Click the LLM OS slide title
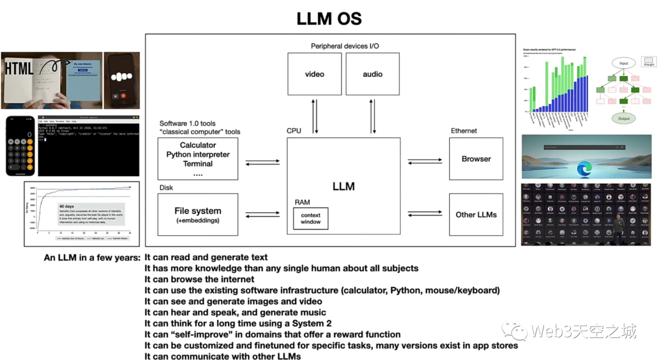[329, 18]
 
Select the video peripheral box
[314, 74]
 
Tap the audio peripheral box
[372, 74]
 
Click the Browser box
[476, 159]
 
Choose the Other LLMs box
[476, 214]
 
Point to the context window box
[310, 218]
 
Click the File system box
[197, 214]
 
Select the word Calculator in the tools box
[197, 145]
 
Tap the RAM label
[301, 202]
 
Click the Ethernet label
[464, 131]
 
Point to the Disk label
[166, 188]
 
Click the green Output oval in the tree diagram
[623, 118]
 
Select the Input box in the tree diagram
[623, 63]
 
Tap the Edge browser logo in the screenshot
[584, 168]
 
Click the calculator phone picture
[19, 145]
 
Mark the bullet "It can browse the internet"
[199, 279]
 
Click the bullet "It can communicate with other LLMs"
[222, 356]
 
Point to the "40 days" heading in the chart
[68, 206]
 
